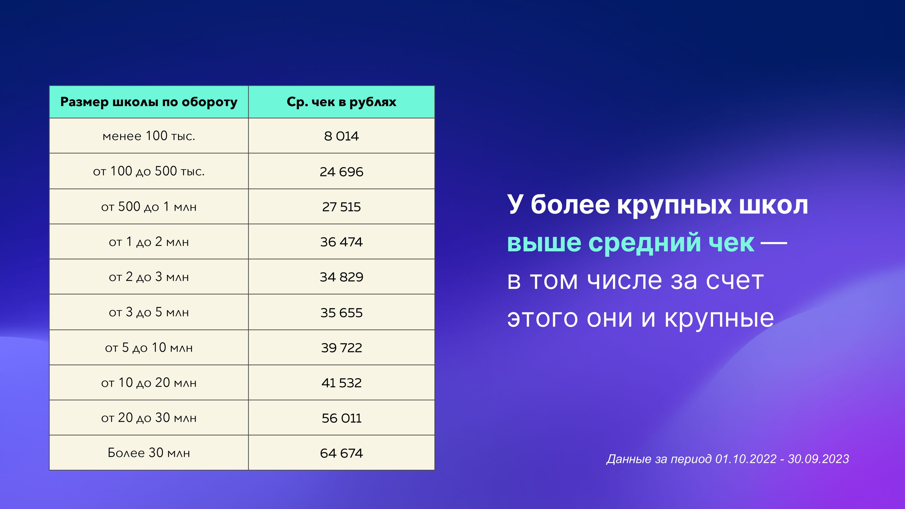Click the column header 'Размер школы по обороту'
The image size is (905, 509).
coord(149,102)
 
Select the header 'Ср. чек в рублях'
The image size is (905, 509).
coord(341,102)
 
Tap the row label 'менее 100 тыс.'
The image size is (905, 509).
coord(149,136)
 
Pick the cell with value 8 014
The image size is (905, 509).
coord(341,136)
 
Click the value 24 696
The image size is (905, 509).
coord(341,172)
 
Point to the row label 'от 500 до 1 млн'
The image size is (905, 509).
coord(149,207)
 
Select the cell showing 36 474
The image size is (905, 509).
coord(341,242)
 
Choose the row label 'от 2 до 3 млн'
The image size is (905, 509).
coord(149,277)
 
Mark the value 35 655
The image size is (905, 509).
coord(341,313)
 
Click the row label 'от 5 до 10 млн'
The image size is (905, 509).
coord(149,348)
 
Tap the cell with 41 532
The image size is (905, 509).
coord(341,383)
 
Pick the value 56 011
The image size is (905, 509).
coord(341,418)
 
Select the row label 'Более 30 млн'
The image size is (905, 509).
coord(149,453)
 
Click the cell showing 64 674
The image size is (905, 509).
coord(341,453)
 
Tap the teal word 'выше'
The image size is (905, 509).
coord(544,243)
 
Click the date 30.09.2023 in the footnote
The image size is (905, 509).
coord(818,459)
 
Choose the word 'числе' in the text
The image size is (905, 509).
coord(624,281)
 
